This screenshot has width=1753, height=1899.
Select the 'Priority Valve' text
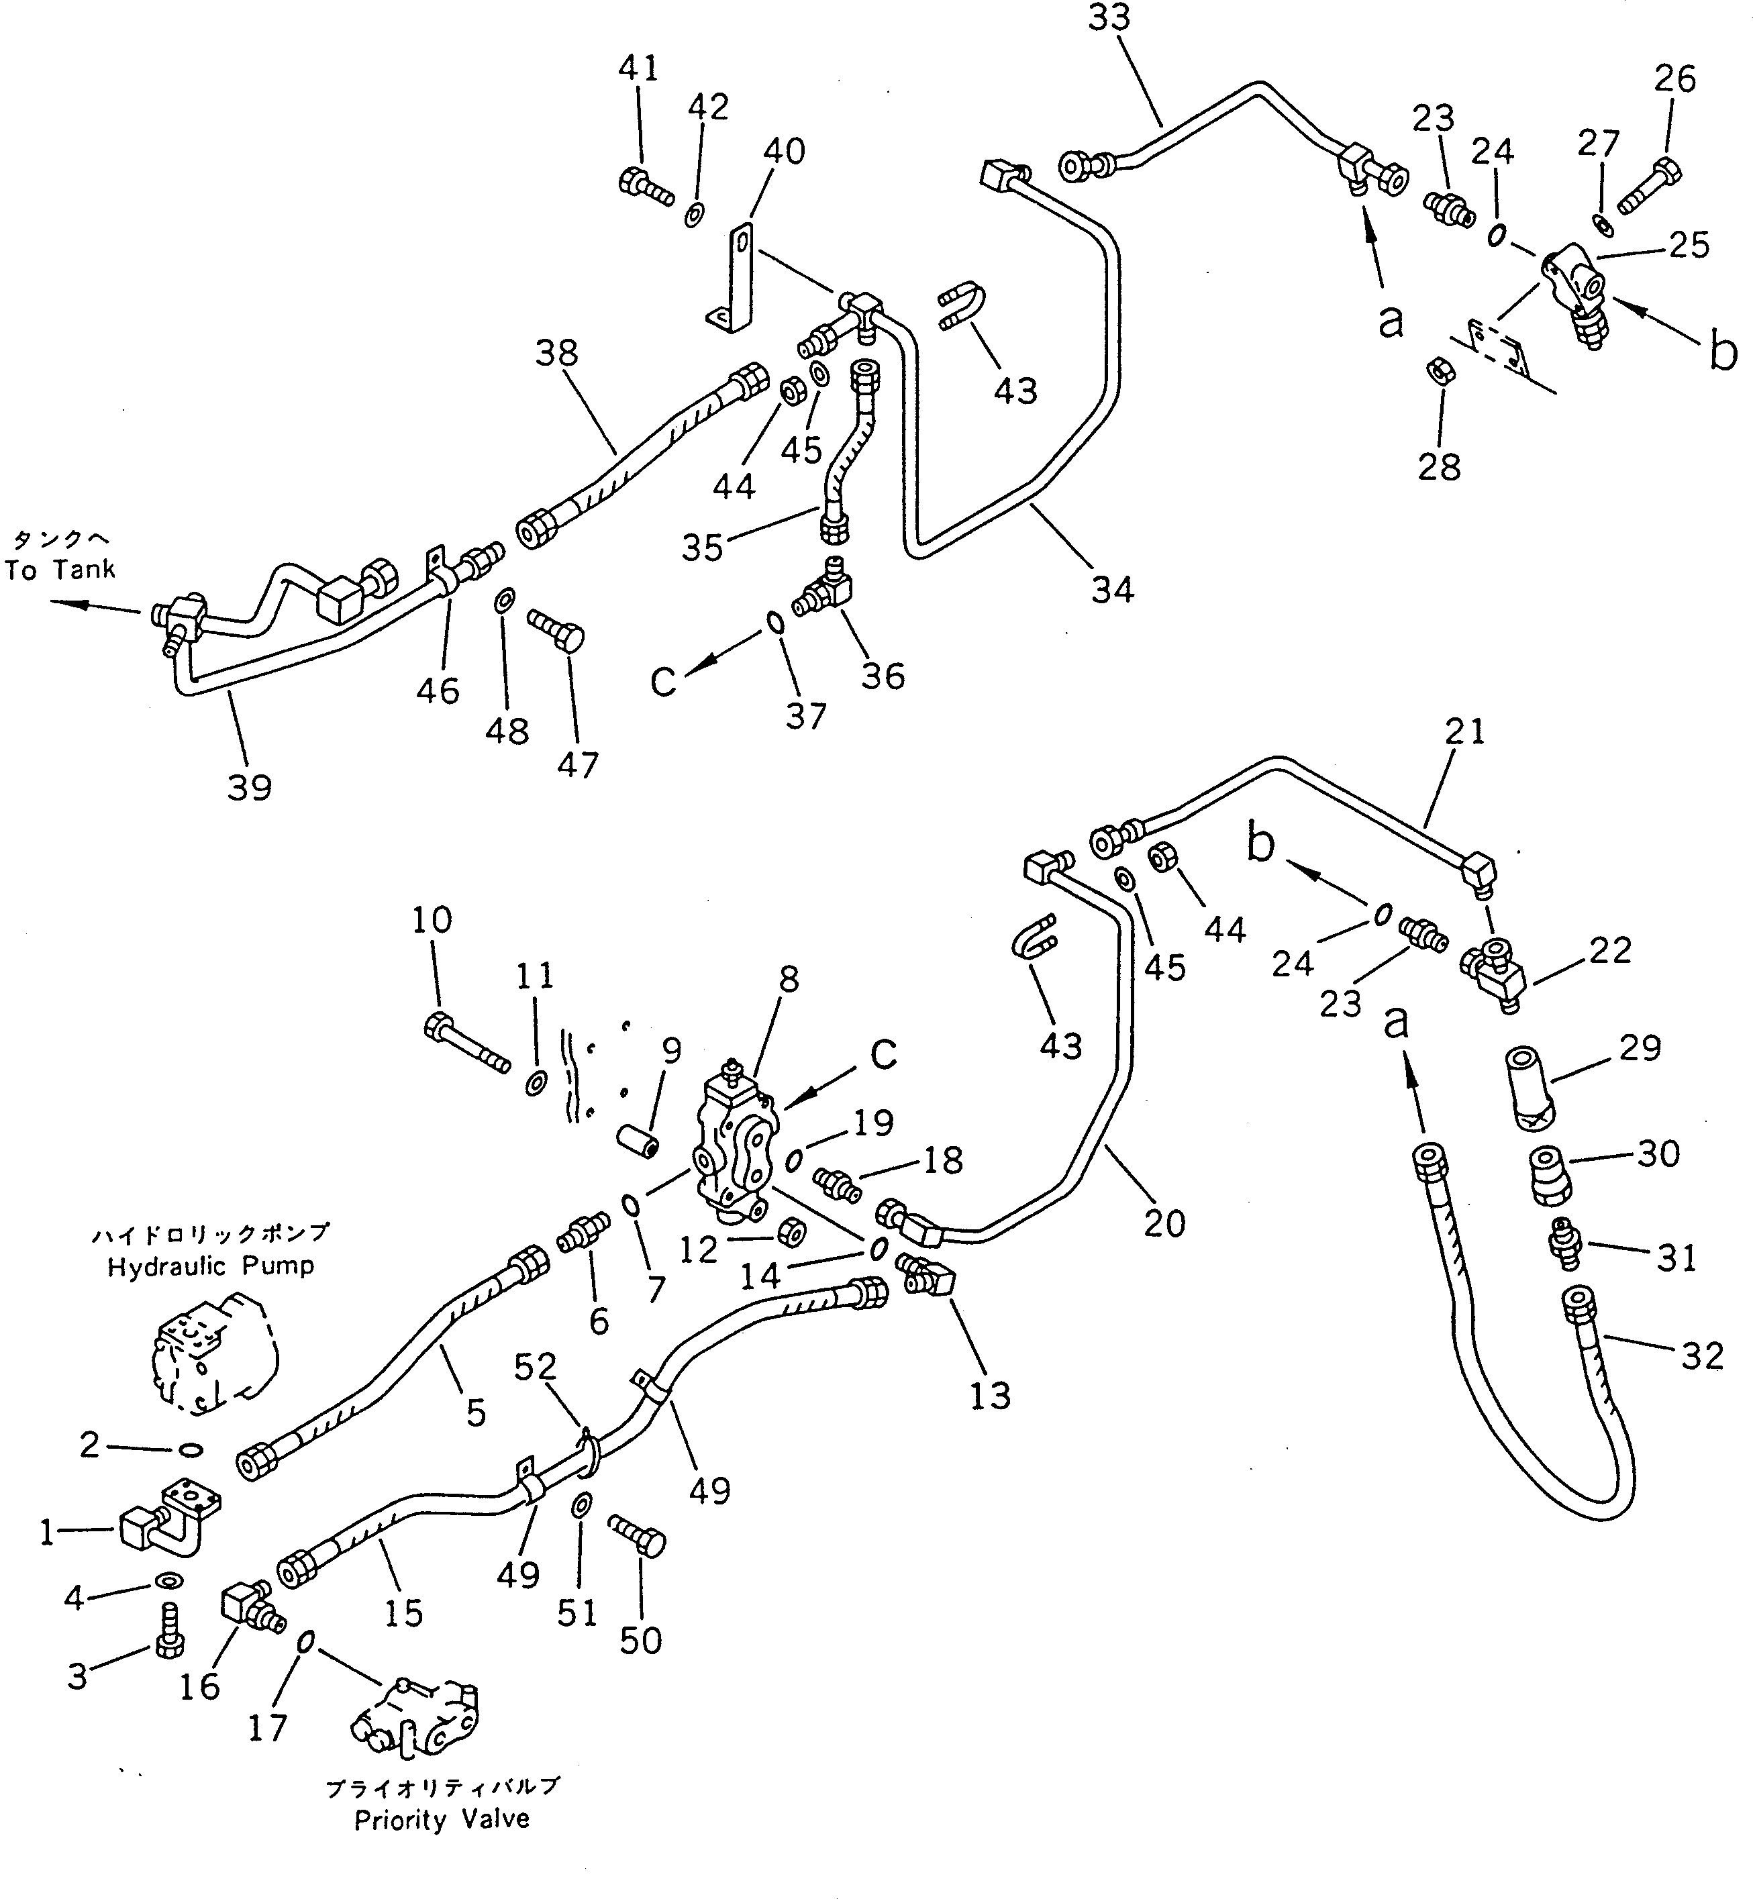pos(442,1819)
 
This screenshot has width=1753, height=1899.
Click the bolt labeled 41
pos(645,185)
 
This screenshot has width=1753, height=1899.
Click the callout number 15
pos(402,1612)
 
